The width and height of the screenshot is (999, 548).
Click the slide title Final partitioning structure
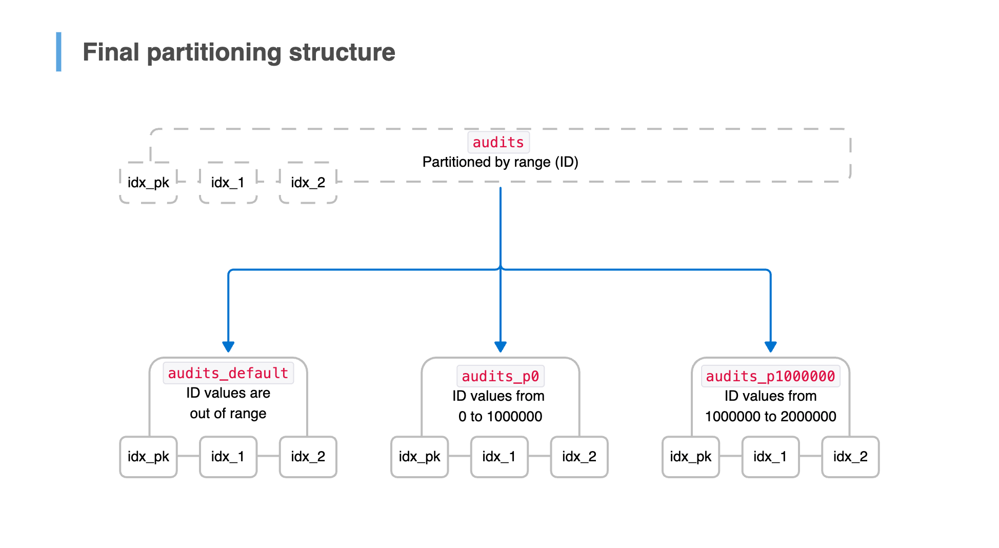tap(238, 52)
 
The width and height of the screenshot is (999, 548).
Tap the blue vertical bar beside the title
tap(58, 52)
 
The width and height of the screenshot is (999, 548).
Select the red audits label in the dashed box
tap(498, 142)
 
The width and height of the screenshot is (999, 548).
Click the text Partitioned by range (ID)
tap(500, 162)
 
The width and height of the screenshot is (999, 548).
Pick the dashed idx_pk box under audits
tap(148, 183)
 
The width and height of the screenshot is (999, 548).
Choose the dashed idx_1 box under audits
tap(228, 183)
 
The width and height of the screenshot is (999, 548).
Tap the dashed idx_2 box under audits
tap(308, 183)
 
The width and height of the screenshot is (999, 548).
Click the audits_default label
tap(228, 373)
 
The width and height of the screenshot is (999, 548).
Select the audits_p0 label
tap(500, 376)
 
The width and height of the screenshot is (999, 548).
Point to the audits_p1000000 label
tap(770, 376)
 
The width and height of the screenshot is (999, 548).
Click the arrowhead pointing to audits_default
tap(228, 346)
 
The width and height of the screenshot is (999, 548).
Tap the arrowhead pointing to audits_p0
tap(501, 346)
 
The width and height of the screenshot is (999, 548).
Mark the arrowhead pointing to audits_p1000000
tap(770, 346)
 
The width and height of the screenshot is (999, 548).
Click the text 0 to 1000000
tap(500, 416)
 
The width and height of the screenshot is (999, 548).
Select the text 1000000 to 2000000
tap(770, 416)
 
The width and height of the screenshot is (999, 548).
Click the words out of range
tap(228, 413)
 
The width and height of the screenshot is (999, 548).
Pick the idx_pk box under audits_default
tap(148, 457)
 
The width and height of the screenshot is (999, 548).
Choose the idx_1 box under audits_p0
tap(499, 457)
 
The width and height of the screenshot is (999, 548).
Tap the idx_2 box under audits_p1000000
tap(850, 457)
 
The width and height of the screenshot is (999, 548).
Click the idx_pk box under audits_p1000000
tap(690, 457)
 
